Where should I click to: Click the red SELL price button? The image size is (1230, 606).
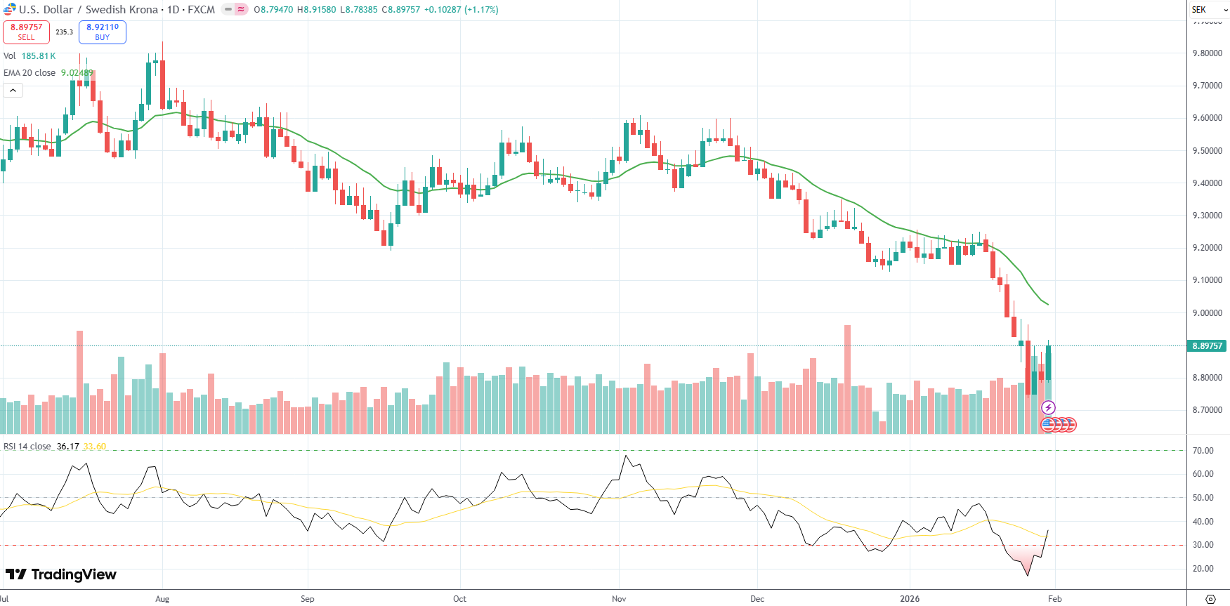pos(26,32)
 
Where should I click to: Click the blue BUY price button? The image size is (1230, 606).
pos(103,32)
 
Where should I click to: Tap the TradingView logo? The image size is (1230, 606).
pos(61,574)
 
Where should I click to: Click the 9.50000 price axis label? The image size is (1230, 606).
pos(1207,151)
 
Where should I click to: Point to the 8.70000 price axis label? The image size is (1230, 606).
pos(1207,410)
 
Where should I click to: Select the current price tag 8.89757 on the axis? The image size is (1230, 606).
pos(1207,345)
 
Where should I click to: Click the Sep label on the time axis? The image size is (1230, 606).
pos(307,599)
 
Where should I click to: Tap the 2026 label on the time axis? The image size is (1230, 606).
pos(910,599)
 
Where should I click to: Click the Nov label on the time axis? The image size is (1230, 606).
pos(619,599)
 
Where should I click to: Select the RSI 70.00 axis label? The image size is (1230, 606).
pos(1203,451)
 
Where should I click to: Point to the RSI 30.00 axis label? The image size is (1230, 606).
pos(1203,545)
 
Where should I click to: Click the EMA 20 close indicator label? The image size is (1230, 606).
pos(30,73)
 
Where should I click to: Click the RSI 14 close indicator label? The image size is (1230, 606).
pos(27,447)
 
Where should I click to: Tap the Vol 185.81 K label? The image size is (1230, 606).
pos(30,56)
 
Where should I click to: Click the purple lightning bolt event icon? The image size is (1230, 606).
pos(1048,407)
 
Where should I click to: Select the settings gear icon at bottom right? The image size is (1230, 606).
pos(1210,599)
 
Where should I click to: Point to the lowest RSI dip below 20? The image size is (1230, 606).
pos(1028,575)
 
